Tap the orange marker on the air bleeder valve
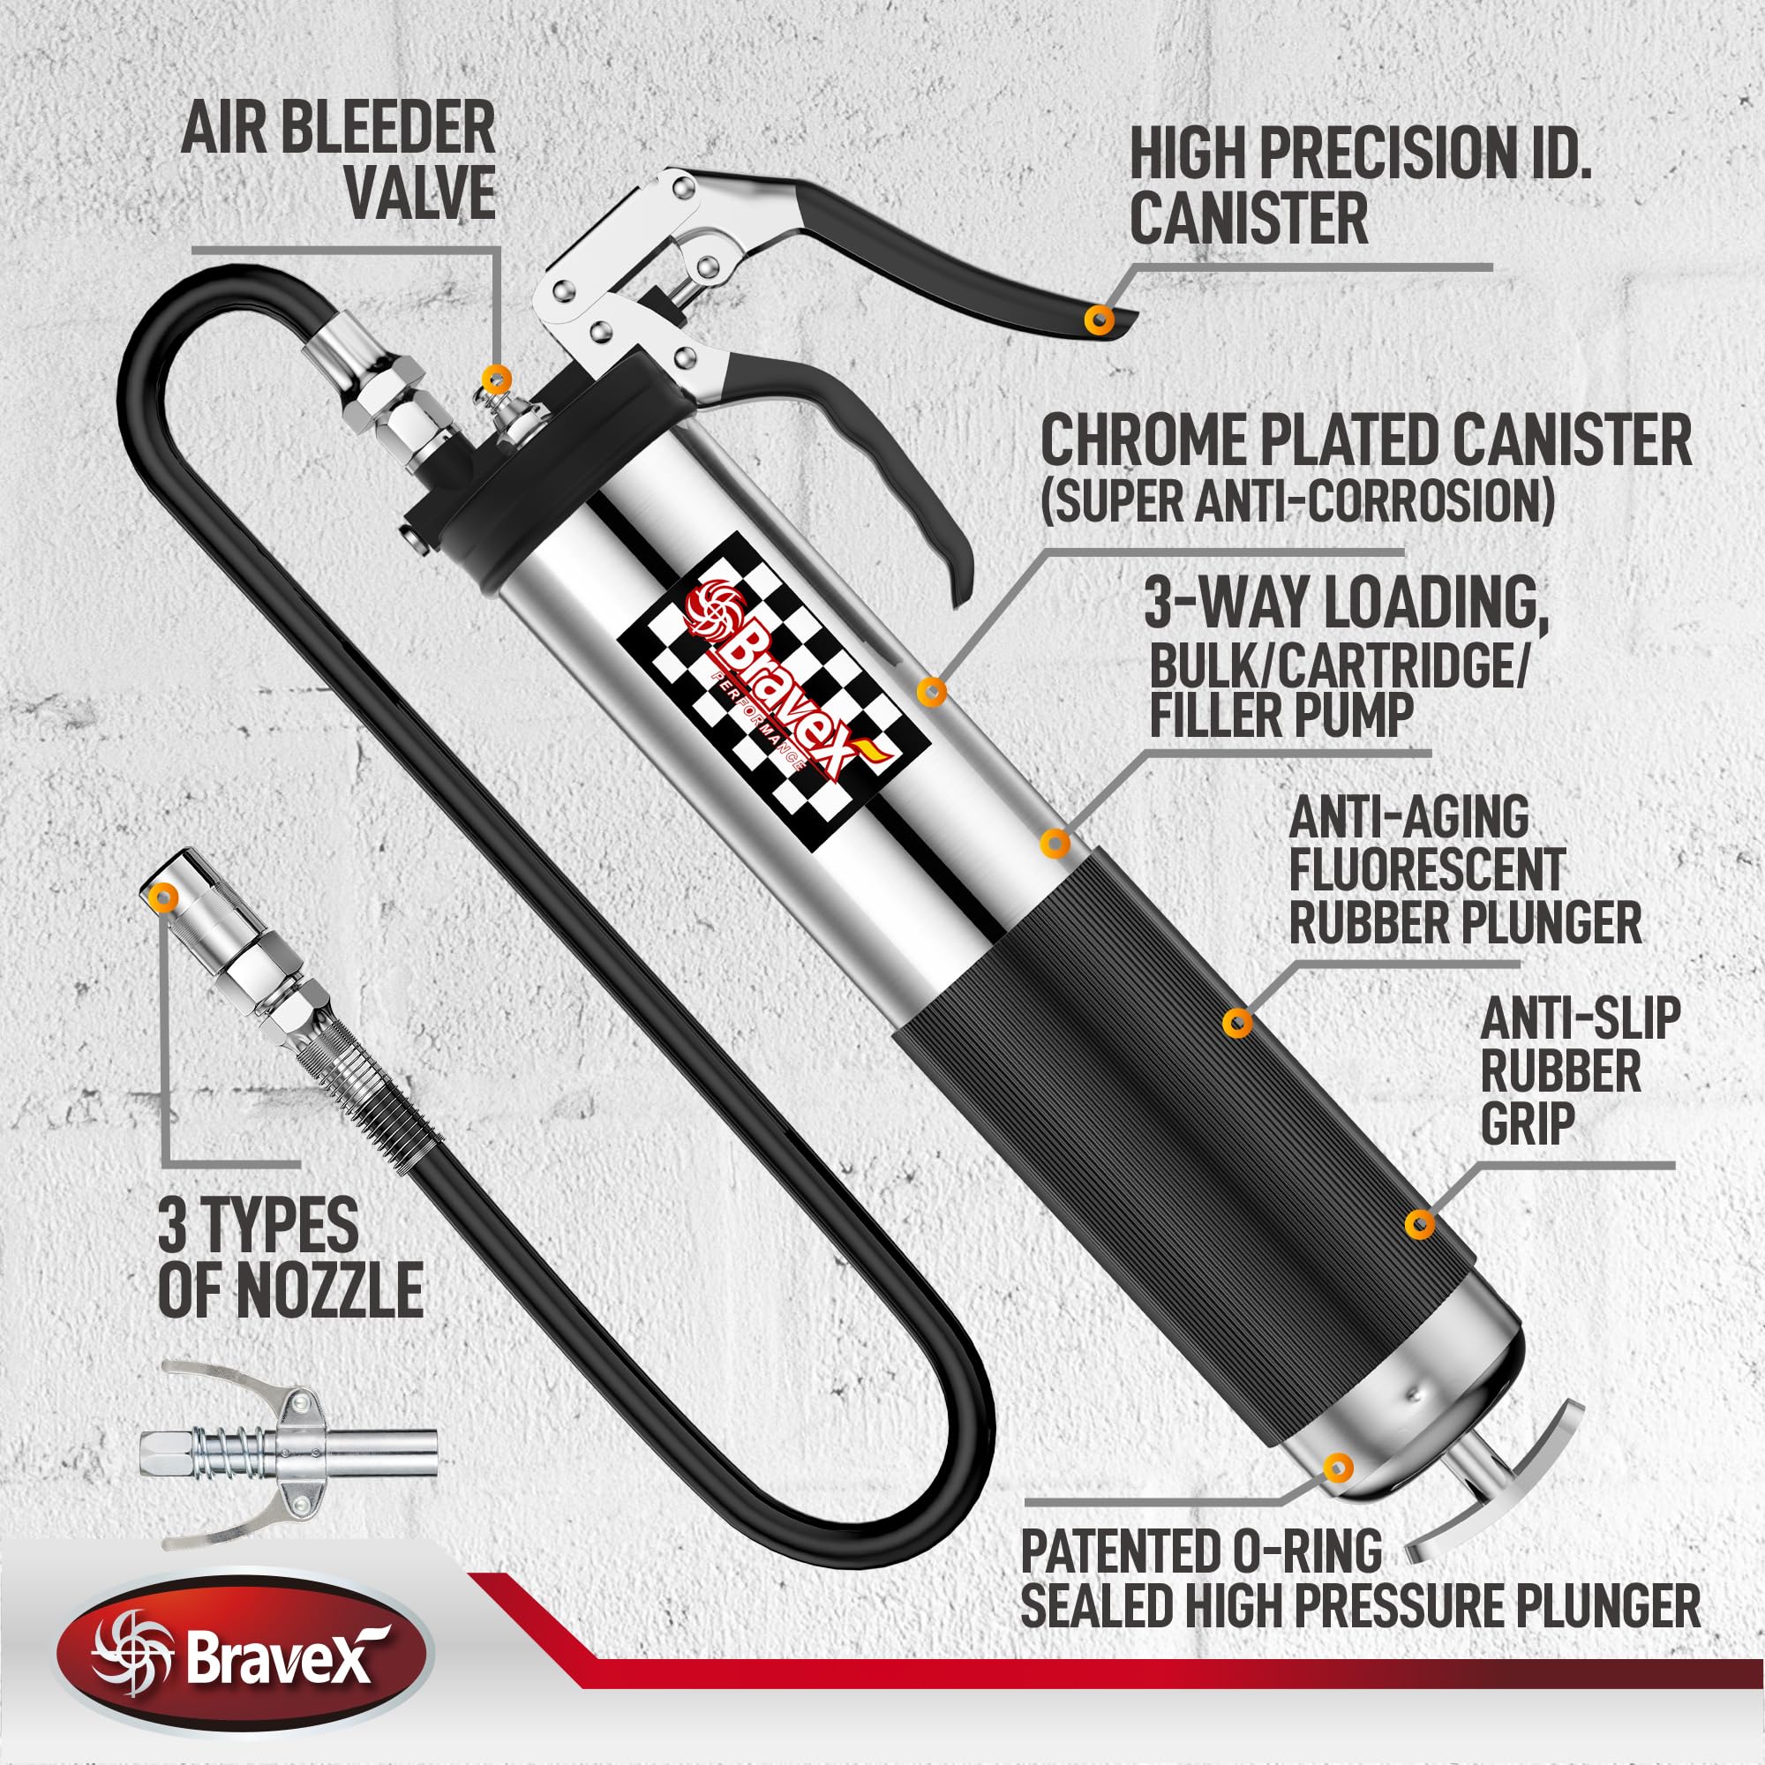click(495, 375)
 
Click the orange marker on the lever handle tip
click(1099, 319)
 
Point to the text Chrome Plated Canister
click(1365, 440)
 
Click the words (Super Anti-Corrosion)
click(1297, 500)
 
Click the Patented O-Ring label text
click(1200, 1551)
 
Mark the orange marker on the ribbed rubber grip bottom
click(1418, 1224)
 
